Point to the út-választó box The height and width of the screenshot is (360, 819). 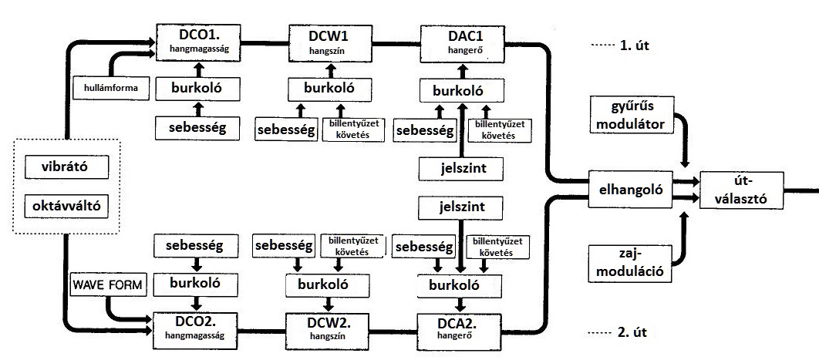click(740, 187)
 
